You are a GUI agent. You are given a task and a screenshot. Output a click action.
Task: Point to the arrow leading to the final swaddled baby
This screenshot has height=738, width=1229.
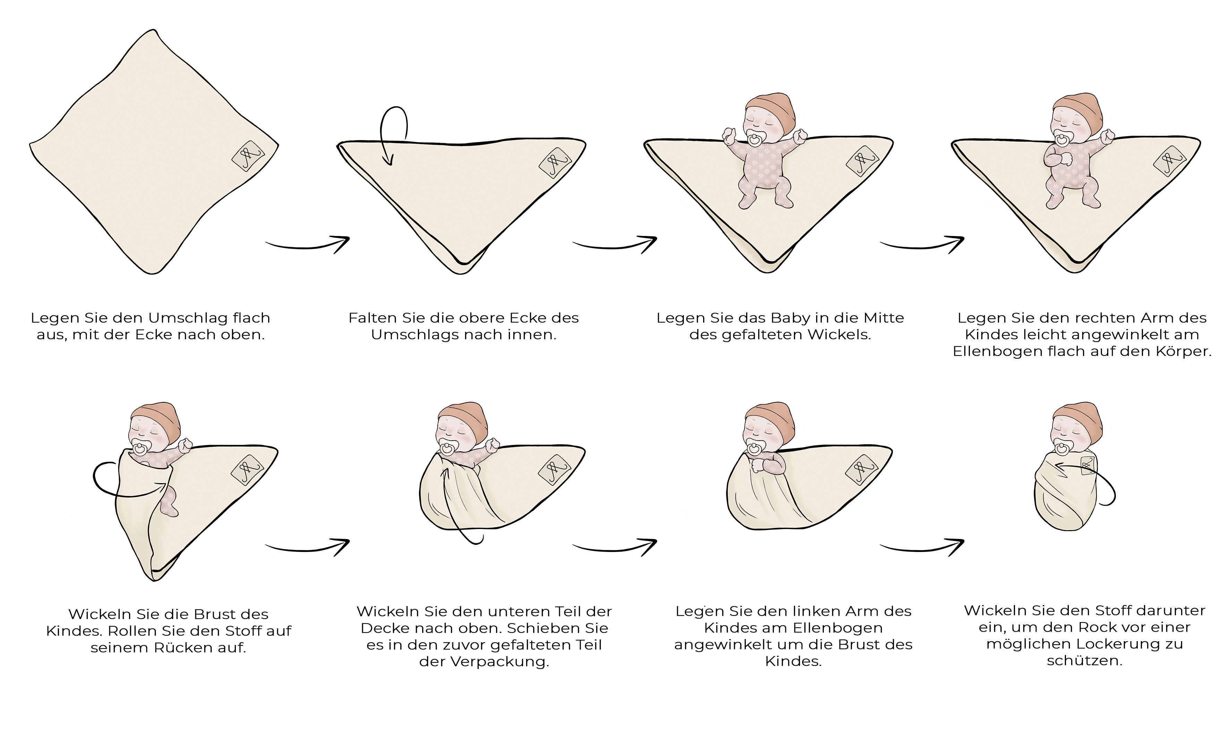pyautogui.click(x=922, y=548)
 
